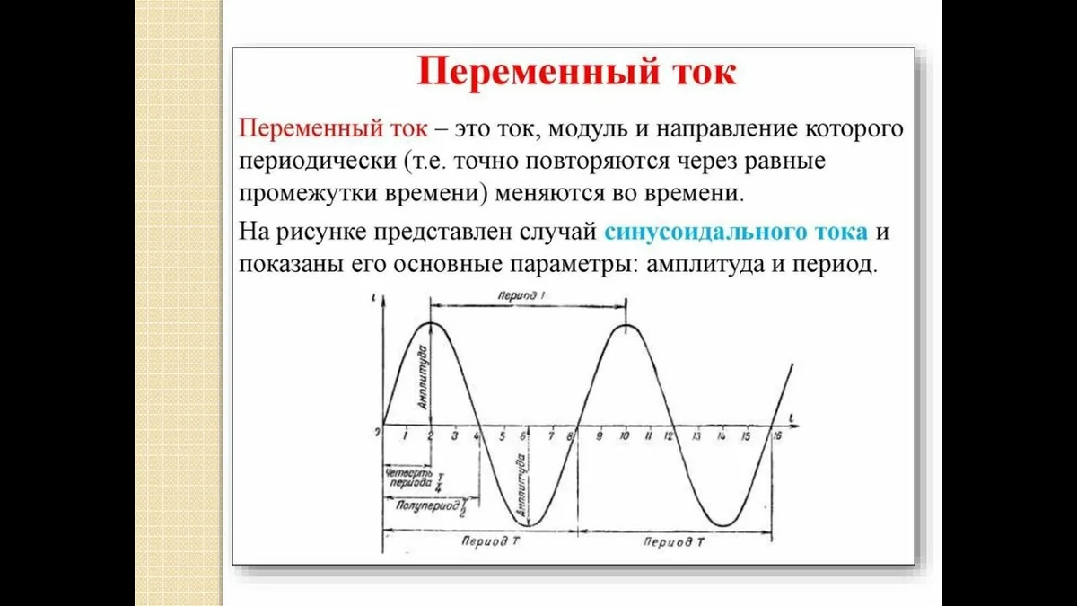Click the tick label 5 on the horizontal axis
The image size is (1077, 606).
point(502,436)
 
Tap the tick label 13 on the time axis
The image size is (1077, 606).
point(696,436)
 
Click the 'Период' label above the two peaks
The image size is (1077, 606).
point(527,295)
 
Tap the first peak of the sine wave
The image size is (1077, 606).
point(432,323)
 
